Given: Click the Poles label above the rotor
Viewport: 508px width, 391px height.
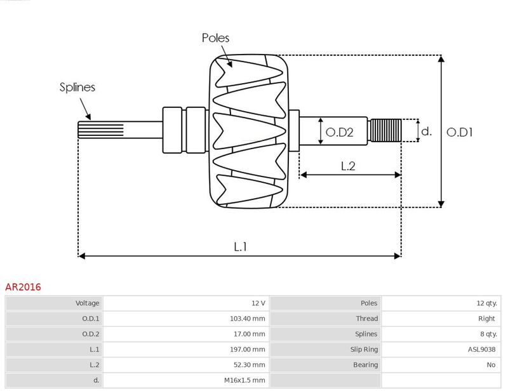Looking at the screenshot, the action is [215, 38].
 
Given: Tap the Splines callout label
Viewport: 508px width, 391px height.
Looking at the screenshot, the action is [77, 87].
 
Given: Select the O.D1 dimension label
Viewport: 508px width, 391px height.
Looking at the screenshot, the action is [459, 132].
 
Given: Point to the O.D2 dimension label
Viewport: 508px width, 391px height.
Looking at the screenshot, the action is [339, 132].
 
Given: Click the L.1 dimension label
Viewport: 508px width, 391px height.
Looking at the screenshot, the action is [241, 247].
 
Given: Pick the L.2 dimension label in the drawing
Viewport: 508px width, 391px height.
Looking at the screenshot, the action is [348, 166].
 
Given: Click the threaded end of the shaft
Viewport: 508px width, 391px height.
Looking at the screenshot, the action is [386, 130].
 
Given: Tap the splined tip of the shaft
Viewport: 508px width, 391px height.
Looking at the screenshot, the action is [101, 129].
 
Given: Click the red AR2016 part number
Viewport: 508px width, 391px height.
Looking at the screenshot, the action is [23, 287].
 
